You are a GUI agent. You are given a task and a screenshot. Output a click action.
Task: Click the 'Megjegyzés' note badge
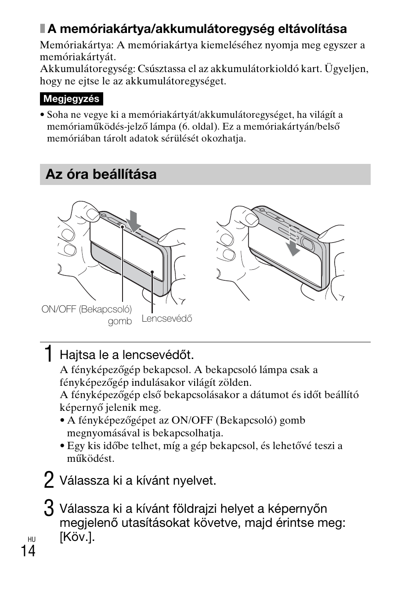(71, 99)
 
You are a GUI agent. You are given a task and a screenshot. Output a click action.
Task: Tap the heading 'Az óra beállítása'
(101, 174)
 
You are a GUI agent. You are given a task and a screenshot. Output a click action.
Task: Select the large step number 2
(49, 480)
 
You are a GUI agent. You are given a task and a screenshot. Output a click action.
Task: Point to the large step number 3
(49, 508)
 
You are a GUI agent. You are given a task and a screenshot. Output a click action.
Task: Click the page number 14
(27, 551)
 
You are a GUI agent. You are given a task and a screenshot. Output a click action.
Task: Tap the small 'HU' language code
(31, 539)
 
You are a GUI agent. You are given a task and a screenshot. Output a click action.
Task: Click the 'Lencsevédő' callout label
(167, 319)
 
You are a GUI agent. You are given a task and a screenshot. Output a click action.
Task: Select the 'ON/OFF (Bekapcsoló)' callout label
(87, 309)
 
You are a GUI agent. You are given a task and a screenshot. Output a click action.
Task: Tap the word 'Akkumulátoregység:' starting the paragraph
(87, 69)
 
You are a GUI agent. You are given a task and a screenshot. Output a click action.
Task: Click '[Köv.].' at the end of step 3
(77, 537)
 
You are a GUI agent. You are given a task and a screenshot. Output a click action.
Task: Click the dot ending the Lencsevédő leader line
(152, 272)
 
